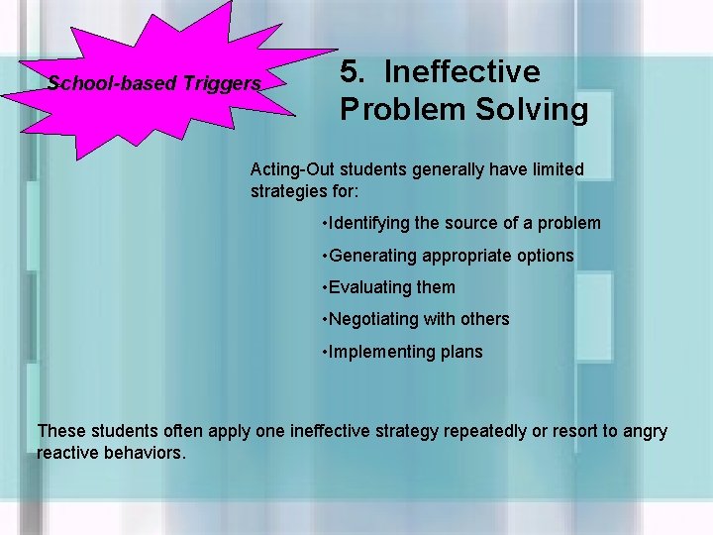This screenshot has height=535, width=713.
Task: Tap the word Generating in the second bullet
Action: click(373, 256)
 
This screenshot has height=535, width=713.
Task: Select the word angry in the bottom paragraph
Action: click(645, 432)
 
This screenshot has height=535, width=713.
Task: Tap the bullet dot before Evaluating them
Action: click(325, 288)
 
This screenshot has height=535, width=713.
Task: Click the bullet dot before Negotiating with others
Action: click(325, 320)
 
